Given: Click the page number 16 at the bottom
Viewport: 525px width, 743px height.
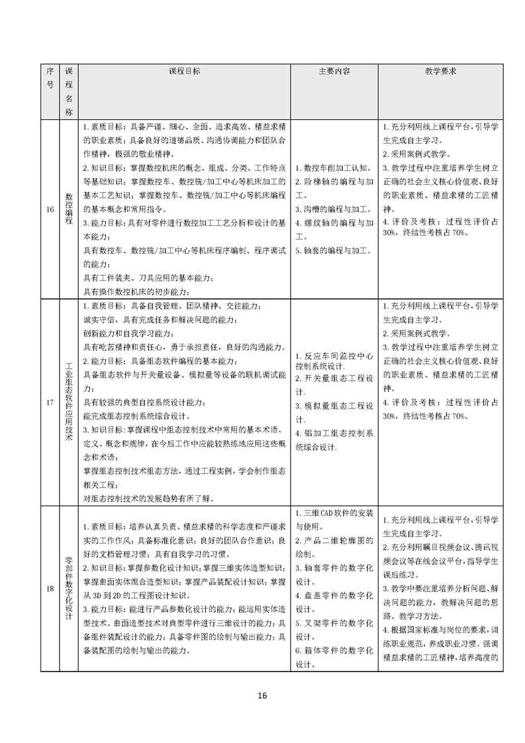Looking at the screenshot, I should coord(262,696).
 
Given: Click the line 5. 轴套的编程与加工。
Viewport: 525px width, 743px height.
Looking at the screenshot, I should coord(333,250).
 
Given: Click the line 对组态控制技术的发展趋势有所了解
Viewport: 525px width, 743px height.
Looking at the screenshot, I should coord(150,499).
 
